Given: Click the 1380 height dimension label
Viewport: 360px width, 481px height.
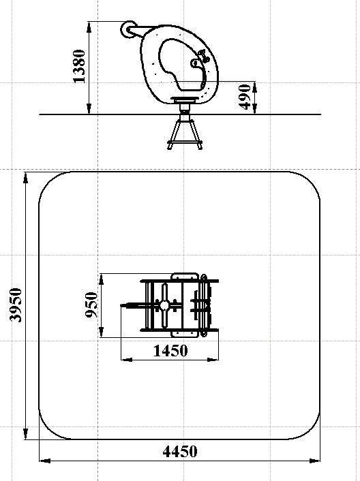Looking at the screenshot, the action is coord(79,66).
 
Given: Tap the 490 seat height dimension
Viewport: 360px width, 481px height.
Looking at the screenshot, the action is coord(245,97).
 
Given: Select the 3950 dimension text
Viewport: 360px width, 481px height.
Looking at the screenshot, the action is coord(16,305).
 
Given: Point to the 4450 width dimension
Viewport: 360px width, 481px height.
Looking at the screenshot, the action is coord(179,452).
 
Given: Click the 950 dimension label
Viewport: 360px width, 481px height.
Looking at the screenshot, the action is coord(91,305).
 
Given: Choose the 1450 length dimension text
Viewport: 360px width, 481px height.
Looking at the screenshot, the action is coord(170,351).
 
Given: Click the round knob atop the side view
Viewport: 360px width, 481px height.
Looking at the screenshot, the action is coord(127,30).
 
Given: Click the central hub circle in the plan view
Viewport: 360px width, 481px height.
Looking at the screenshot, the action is coord(164,305).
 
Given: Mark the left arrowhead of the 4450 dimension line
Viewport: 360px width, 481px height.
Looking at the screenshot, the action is coord(45,461).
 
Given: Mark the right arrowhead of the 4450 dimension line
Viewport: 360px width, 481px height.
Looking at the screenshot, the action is coord(314,461).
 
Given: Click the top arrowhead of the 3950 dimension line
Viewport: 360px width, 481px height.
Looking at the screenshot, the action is coord(25,179).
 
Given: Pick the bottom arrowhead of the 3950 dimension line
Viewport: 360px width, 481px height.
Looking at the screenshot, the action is coord(25,434).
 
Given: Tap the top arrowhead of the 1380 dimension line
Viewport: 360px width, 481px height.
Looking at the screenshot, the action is coord(89,27).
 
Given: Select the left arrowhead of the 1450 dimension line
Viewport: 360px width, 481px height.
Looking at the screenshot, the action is coord(127,360).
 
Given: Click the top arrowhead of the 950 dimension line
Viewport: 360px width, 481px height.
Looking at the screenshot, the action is coord(102,279).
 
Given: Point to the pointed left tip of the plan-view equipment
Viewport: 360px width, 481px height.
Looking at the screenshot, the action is coord(121,305).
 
